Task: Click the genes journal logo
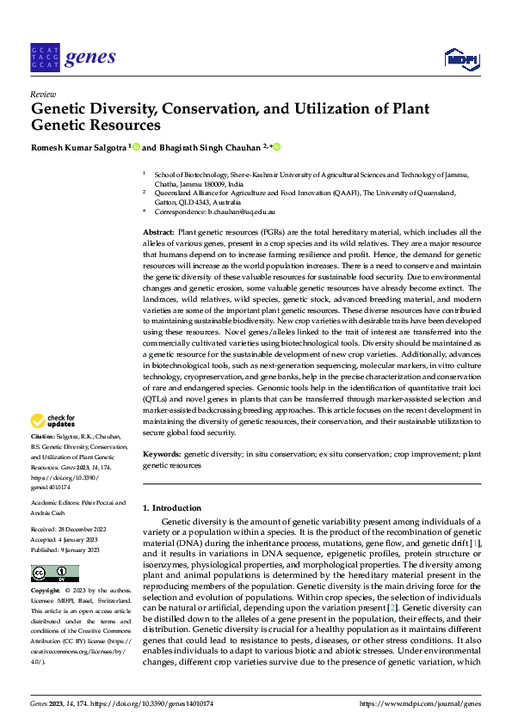(72, 58)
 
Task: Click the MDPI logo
(462, 58)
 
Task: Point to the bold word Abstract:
(157, 234)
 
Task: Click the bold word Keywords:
(162, 452)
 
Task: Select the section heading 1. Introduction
(172, 508)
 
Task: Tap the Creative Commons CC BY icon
(54, 573)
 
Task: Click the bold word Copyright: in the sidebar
(46, 592)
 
